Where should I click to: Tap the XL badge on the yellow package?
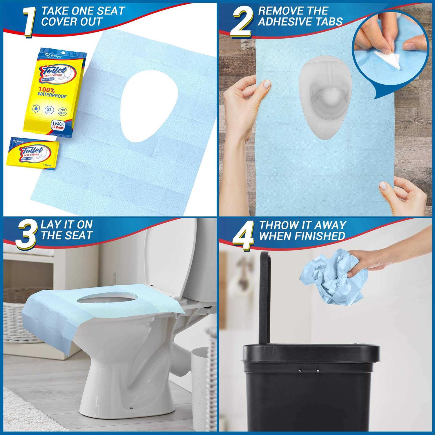49,110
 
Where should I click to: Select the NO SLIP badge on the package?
62,111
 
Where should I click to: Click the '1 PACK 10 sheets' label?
58,126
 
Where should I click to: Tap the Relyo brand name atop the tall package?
56,56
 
